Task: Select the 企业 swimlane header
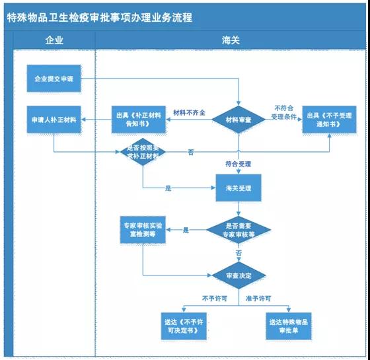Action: [54, 40]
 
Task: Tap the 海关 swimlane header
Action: [231, 40]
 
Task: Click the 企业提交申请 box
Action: [54, 79]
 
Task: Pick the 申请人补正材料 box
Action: [54, 119]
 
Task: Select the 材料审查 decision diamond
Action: [237, 120]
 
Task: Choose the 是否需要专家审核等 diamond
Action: [238, 230]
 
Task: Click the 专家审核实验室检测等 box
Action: [143, 230]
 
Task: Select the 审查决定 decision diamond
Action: [237, 274]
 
